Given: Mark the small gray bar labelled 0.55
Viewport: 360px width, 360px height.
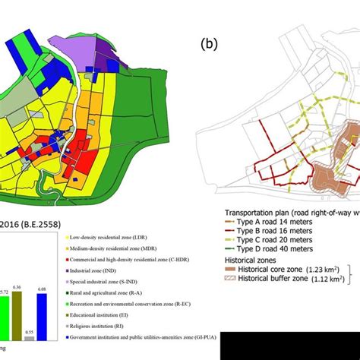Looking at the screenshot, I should [28, 339].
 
